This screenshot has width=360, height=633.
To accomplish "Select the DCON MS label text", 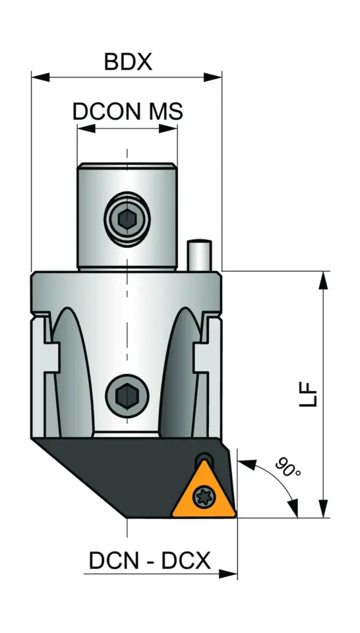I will pyautogui.click(x=127, y=111).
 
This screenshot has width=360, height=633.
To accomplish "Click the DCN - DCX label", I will pyautogui.click(x=150, y=561).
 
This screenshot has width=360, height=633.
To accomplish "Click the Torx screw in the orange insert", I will pyautogui.click(x=204, y=498).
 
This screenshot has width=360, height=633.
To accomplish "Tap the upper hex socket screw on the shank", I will pyautogui.click(x=127, y=217).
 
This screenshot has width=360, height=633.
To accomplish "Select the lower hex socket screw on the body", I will pyautogui.click(x=127, y=396).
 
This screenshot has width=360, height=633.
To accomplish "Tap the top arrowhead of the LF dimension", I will pyautogui.click(x=322, y=280).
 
